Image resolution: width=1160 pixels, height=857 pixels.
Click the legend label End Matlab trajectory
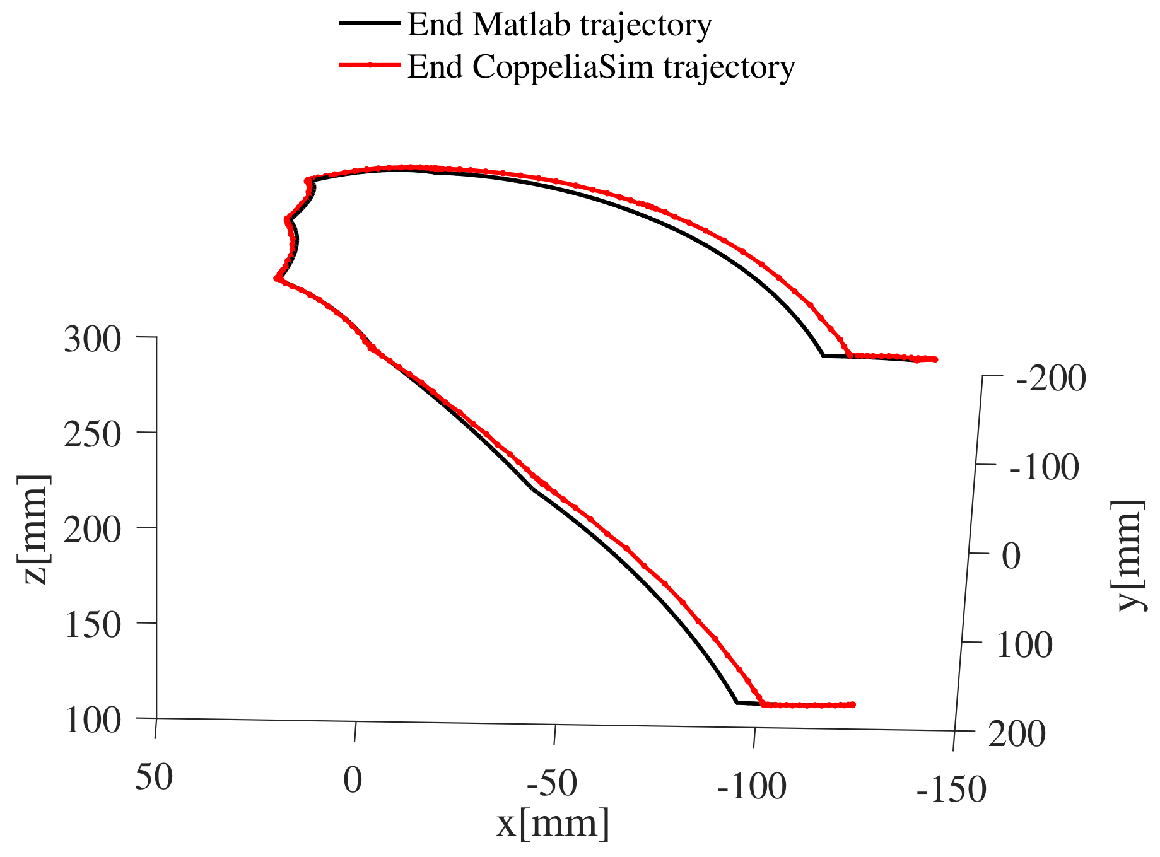click(559, 25)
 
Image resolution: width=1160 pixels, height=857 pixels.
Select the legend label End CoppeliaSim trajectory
click(601, 66)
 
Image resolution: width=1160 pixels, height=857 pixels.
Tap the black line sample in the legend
click(370, 23)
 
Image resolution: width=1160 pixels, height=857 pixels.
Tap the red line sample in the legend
click(370, 64)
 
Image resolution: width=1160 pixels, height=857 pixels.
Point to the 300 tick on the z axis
click(92, 340)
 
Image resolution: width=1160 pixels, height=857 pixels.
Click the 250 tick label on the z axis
click(92, 434)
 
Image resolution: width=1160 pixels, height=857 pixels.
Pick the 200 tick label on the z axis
click(92, 530)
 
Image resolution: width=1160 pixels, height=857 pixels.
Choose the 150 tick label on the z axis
click(92, 625)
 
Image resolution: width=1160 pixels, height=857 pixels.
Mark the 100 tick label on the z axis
click(92, 720)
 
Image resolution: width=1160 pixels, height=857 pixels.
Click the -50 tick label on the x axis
click(552, 784)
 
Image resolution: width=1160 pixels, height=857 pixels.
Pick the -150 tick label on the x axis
click(951, 790)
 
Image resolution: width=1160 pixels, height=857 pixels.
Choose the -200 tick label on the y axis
click(1051, 380)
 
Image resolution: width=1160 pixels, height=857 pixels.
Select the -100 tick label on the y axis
click(1044, 468)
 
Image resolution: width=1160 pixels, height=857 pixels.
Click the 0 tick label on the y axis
click(1011, 557)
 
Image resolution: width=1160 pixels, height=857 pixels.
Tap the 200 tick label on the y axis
click(1017, 735)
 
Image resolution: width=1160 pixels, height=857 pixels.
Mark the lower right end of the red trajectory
click(853, 704)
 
